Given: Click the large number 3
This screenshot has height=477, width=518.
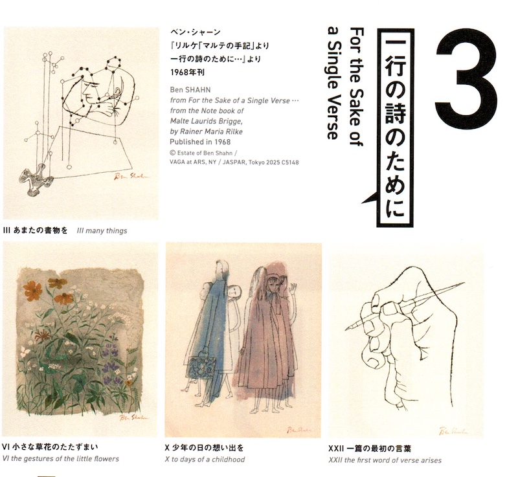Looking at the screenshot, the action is [x=466, y=76].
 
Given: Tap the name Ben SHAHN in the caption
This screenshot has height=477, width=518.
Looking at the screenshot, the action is [x=190, y=90].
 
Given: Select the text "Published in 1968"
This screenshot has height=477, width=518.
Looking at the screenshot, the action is [x=200, y=142].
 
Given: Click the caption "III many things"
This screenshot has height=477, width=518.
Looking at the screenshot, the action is [x=102, y=231].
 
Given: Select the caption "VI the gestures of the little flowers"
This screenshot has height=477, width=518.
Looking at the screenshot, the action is [x=60, y=459].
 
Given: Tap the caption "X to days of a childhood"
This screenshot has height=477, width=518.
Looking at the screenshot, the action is [x=205, y=460].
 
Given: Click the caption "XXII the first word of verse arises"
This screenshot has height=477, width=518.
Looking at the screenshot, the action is [x=385, y=460].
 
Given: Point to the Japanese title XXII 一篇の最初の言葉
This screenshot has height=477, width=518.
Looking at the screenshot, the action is [x=370, y=449].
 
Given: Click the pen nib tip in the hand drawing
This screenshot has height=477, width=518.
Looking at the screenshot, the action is [x=346, y=329].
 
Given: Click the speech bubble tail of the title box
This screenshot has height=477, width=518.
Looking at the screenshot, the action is [x=370, y=198].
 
